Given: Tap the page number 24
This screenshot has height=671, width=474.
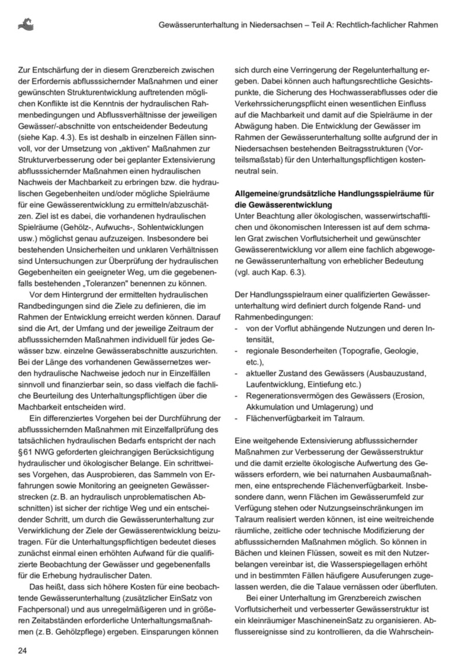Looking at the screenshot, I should pos(22,651).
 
